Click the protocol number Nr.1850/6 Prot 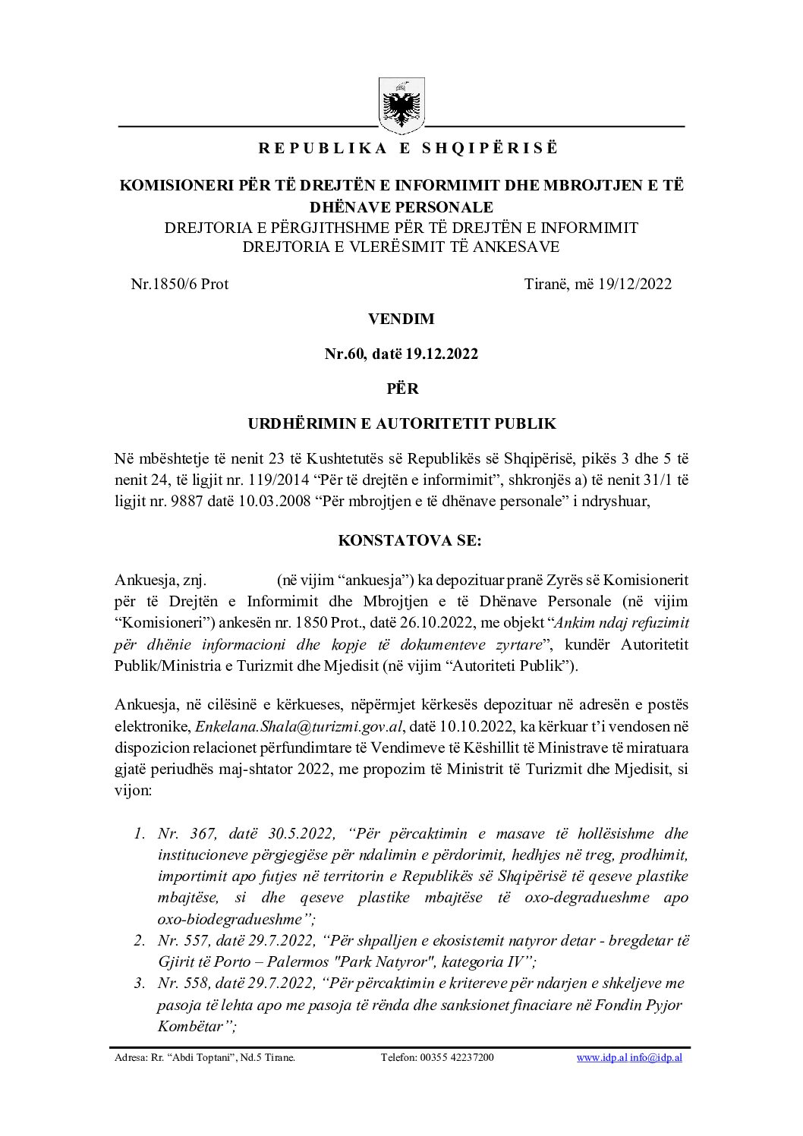point(179,284)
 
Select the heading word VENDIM point(401,319)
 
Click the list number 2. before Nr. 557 point(139,941)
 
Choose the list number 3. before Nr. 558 point(139,983)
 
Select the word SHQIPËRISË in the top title point(489,149)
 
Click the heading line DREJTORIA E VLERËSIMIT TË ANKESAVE point(401,247)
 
